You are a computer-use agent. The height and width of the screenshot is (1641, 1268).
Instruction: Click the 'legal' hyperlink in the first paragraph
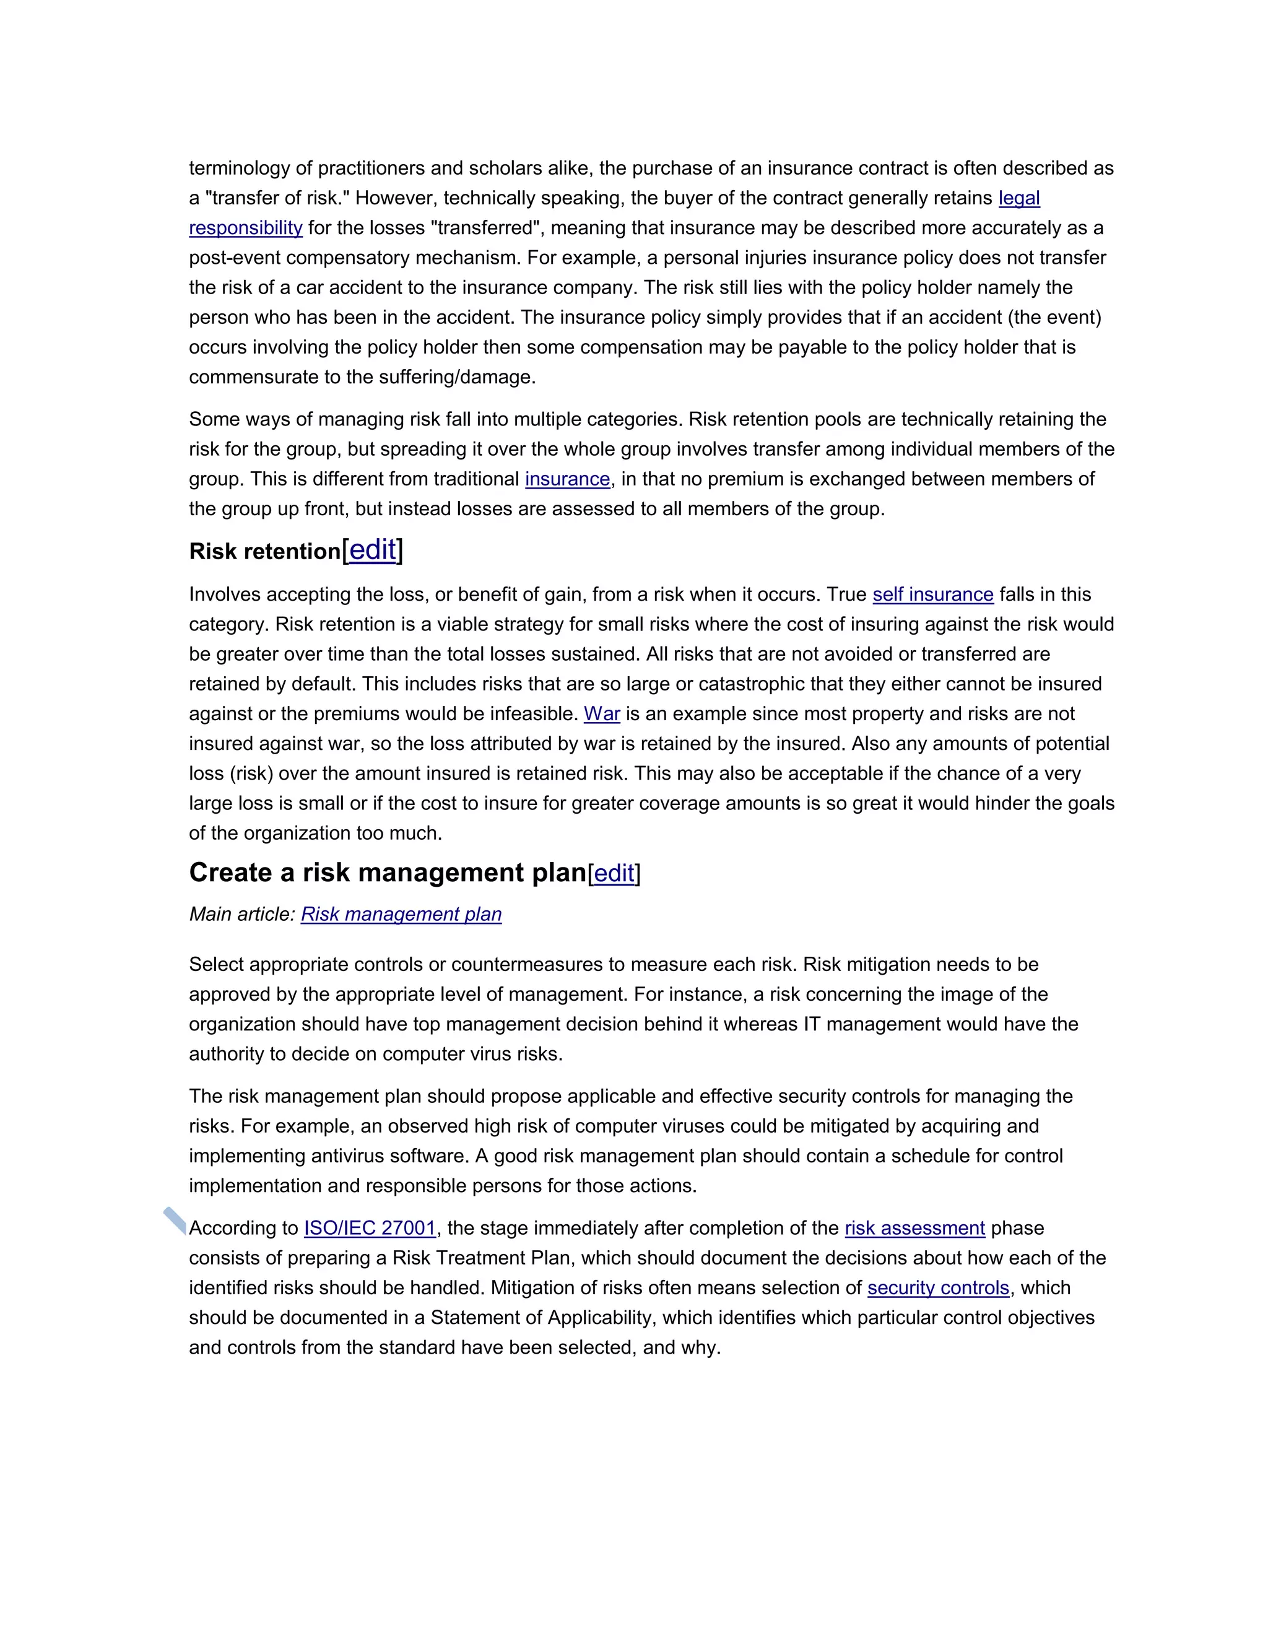[x=1018, y=198]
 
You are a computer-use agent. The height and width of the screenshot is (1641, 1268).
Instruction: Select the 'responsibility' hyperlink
[x=246, y=228]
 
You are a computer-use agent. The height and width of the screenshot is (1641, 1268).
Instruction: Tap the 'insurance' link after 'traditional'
[x=567, y=479]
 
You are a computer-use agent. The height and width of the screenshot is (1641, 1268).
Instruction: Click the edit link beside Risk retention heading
[x=373, y=550]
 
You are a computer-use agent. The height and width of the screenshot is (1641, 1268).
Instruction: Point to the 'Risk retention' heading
[x=264, y=552]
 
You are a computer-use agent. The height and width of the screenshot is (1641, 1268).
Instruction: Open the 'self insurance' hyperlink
[x=932, y=594]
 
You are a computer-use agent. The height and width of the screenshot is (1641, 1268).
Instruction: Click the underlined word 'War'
[x=602, y=714]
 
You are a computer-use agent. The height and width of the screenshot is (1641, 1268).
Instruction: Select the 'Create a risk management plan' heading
[x=387, y=873]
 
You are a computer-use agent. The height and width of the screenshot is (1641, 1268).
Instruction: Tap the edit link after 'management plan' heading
[x=614, y=873]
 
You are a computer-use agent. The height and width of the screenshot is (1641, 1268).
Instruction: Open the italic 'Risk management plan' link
[x=401, y=915]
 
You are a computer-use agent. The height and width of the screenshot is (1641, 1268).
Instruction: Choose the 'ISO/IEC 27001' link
[x=370, y=1228]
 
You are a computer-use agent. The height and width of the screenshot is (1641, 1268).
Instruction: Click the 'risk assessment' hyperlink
[x=914, y=1228]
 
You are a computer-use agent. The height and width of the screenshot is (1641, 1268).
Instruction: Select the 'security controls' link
[x=937, y=1288]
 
